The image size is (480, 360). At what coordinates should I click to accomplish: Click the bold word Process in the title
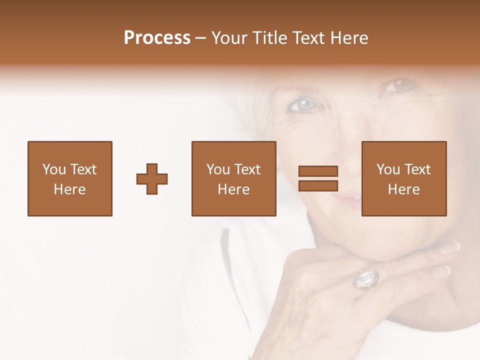(157, 38)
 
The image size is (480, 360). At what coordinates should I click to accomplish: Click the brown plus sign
(152, 179)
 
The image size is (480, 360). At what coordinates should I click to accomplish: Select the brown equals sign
(318, 178)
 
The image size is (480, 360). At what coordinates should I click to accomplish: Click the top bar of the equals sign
(318, 171)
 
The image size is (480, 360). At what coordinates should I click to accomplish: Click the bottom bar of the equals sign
(318, 185)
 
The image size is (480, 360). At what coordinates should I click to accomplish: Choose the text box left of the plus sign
(69, 178)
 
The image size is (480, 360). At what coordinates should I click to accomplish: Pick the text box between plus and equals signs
(233, 178)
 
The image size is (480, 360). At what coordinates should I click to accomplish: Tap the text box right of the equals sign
(403, 178)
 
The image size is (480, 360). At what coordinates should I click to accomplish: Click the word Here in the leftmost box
(69, 189)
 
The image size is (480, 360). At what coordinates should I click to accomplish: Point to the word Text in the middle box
(247, 169)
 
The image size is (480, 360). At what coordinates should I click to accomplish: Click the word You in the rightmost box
(388, 169)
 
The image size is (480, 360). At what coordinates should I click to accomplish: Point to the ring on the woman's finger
(366, 278)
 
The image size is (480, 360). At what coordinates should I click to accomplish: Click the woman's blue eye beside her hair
(303, 104)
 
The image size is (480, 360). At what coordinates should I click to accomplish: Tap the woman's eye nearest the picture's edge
(401, 85)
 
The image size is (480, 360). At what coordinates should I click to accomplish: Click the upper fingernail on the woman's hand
(450, 247)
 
